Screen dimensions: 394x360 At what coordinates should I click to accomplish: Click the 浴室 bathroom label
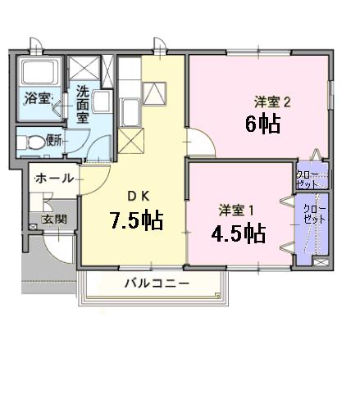point(37,99)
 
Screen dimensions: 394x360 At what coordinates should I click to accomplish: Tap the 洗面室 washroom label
point(84,104)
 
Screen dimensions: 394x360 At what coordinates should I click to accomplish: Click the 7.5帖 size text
point(137,220)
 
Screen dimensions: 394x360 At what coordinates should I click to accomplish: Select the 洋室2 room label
point(273,102)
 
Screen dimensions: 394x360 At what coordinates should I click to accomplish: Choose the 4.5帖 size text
point(238,233)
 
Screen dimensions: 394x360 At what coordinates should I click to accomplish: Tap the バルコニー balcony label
point(157,283)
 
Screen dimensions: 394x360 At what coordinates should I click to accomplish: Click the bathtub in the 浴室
point(37,79)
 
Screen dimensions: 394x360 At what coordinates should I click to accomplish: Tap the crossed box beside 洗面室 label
point(84,68)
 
